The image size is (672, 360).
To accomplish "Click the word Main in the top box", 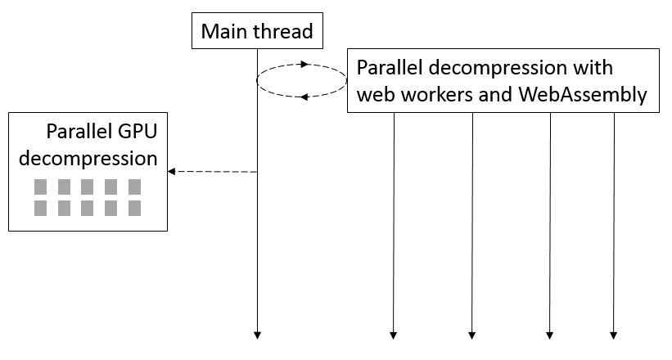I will tap(222, 32).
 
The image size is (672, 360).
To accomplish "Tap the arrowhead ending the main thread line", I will tap(257, 335).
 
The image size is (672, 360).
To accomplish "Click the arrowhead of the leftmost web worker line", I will tap(394, 335).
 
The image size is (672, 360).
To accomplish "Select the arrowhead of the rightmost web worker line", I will tap(614, 335).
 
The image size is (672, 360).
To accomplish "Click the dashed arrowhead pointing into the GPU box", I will tap(172, 172).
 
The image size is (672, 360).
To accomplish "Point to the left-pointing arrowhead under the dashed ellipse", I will tap(303, 97).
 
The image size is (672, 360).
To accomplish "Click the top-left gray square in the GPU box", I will tap(40, 187).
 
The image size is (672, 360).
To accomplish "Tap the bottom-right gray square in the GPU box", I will tap(134, 208).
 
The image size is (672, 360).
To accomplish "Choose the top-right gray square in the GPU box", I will tap(134, 187).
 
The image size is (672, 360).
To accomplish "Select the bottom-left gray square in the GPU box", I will tap(40, 208).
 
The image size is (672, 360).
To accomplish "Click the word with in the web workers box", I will tap(595, 67).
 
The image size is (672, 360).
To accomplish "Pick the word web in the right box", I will tap(374, 95).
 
